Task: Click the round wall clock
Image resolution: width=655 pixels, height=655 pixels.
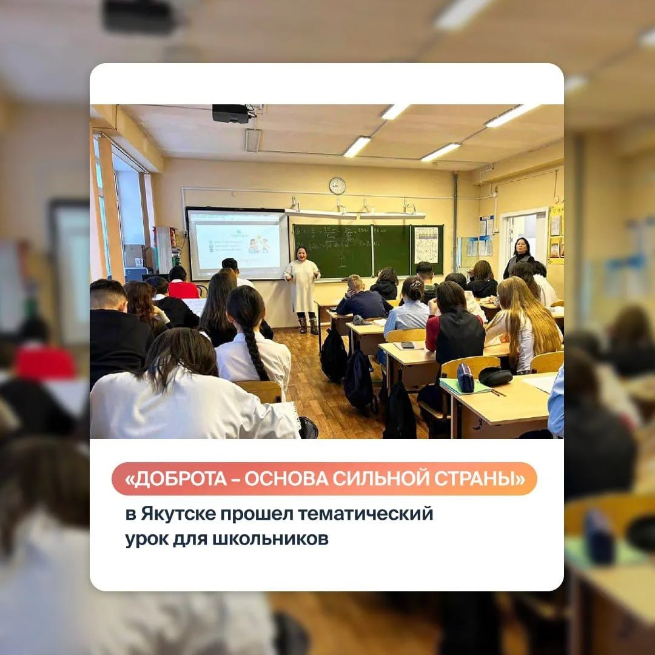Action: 337,186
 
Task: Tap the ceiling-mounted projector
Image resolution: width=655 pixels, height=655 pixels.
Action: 231,113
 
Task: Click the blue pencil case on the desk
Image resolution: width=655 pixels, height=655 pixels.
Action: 466,378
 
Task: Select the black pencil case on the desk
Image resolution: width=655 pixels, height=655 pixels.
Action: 495,376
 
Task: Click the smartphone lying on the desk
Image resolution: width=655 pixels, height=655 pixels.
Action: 408,344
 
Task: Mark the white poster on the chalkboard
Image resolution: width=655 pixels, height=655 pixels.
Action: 426,245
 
